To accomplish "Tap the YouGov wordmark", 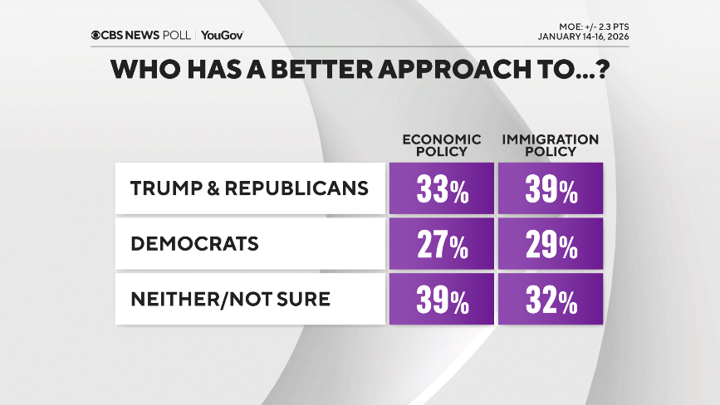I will [x=223, y=35].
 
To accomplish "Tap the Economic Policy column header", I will [x=441, y=145].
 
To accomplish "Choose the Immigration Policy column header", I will [x=550, y=145].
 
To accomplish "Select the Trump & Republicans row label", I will [x=249, y=188].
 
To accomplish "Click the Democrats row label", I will [x=194, y=243].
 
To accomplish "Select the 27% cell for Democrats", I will [x=441, y=245].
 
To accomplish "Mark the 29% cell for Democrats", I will [x=550, y=245].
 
